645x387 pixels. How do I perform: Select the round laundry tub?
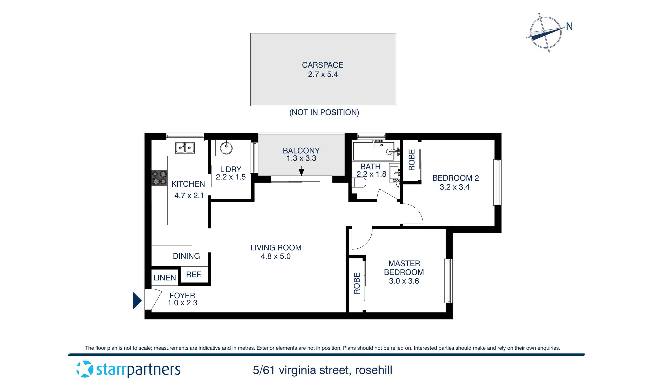point(226,148)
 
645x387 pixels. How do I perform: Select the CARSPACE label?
point(322,65)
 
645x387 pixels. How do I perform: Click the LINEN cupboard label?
point(164,277)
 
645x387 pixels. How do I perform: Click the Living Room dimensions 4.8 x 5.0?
point(276,256)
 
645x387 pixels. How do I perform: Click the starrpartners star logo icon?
point(85,369)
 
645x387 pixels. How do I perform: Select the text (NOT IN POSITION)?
point(324,112)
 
